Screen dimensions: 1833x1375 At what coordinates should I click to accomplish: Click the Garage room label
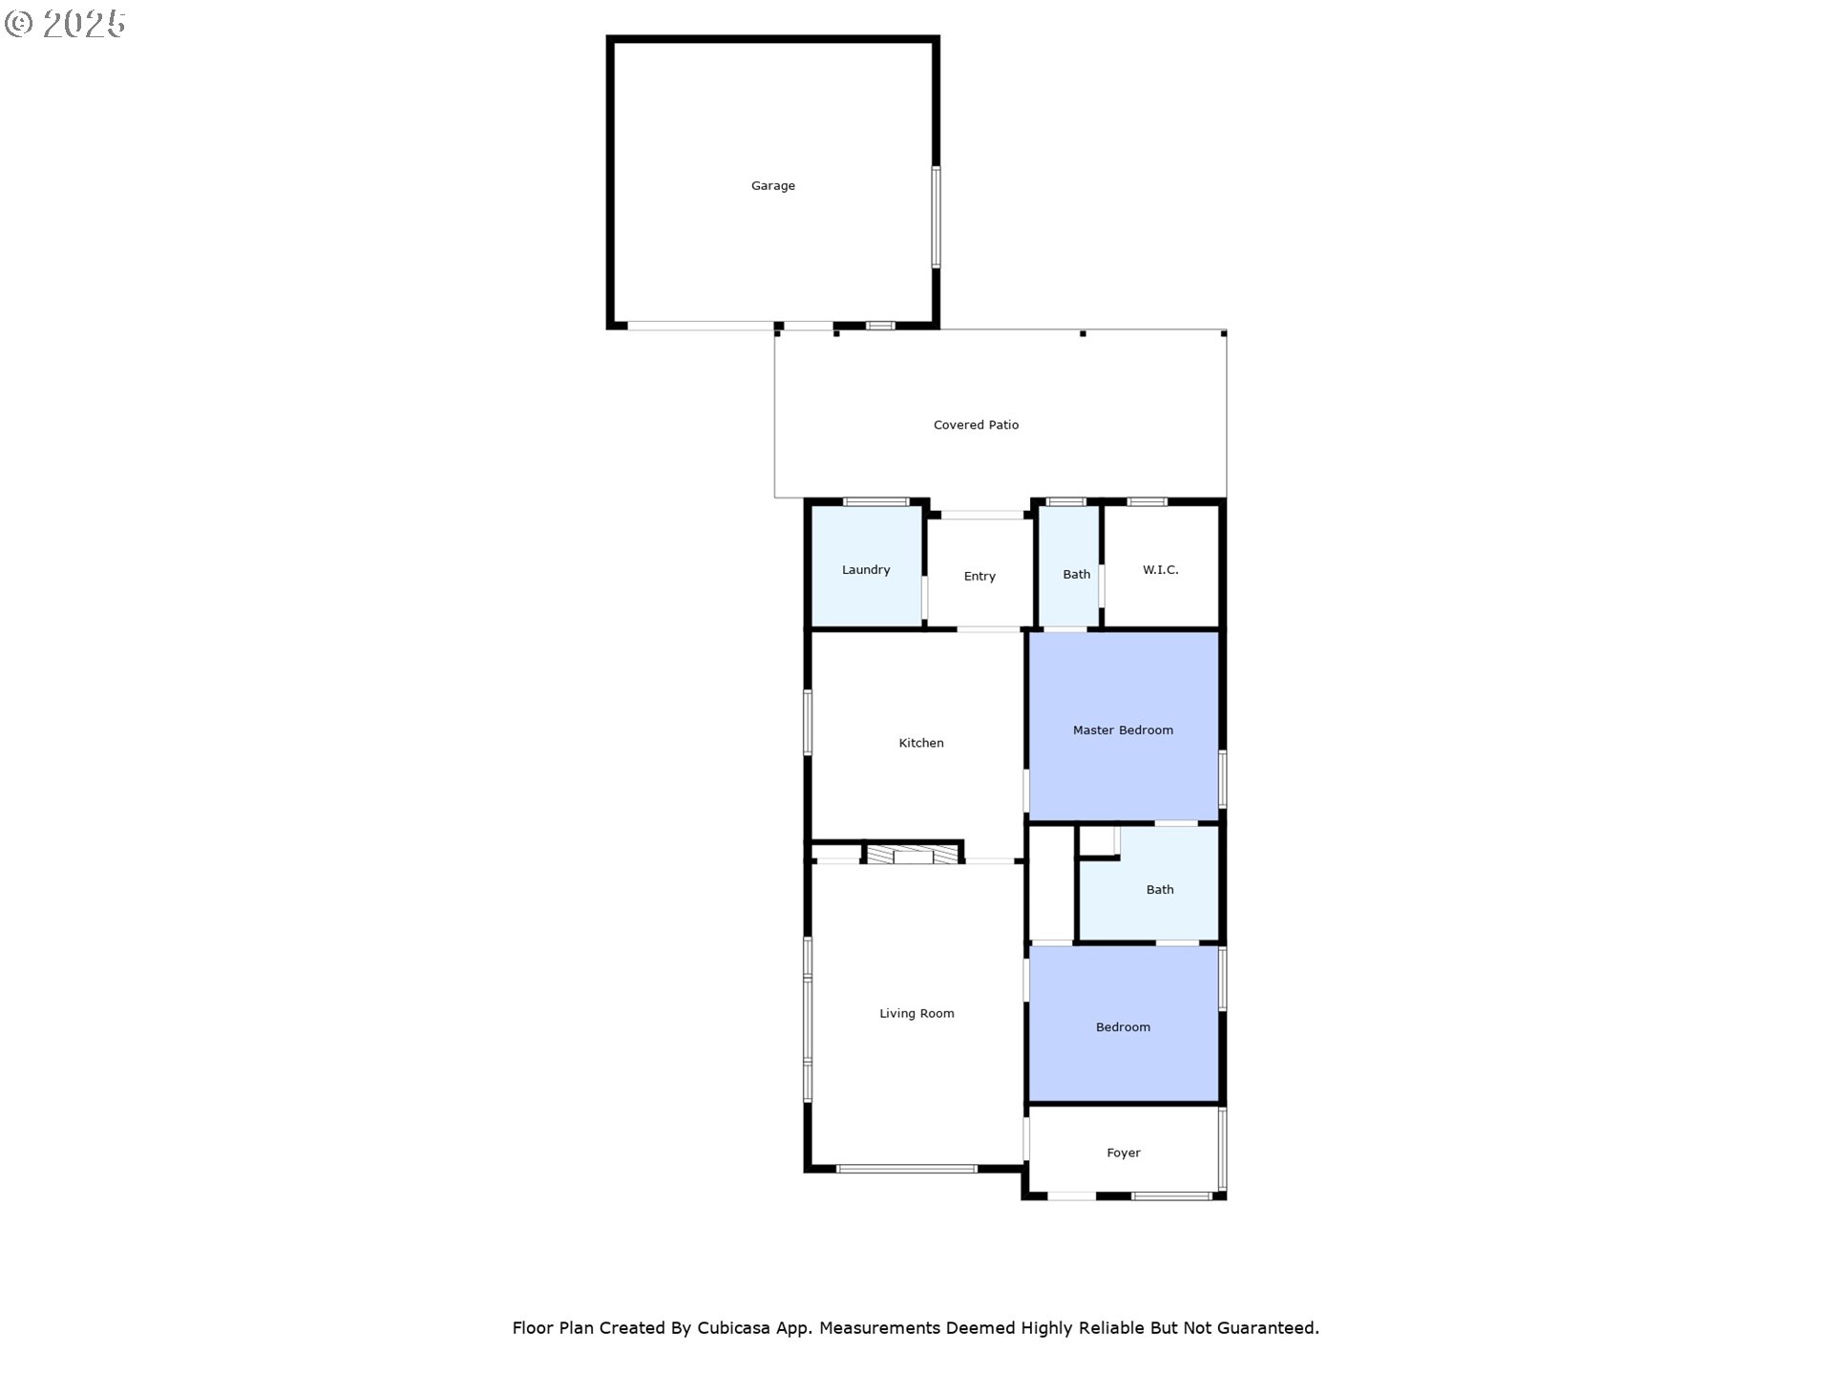[772, 186]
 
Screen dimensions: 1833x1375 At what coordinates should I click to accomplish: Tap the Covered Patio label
[976, 425]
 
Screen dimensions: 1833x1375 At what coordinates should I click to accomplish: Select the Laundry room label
[866, 570]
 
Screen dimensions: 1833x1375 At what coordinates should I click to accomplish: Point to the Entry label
[980, 577]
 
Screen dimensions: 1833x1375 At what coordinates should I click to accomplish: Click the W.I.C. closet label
[1160, 570]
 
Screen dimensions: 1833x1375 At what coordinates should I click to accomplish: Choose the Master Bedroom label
[1123, 730]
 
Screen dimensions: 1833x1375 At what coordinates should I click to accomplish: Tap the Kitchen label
[921, 743]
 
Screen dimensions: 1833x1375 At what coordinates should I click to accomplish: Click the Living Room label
[916, 1014]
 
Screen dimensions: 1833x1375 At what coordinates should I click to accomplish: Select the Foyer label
[1124, 1153]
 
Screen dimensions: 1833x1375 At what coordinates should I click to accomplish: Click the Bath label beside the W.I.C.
[1076, 575]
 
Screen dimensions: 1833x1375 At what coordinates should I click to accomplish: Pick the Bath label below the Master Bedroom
[1160, 890]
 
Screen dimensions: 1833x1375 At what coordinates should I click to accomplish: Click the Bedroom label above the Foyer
[1123, 1027]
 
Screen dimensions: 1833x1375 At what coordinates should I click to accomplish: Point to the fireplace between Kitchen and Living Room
[913, 854]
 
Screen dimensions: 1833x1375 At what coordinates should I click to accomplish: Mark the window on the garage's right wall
[937, 217]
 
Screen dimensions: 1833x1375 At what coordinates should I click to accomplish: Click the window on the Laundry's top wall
[875, 502]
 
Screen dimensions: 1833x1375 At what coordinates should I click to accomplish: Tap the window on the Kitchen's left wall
[808, 722]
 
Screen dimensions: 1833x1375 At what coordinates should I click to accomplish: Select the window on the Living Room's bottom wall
[907, 1169]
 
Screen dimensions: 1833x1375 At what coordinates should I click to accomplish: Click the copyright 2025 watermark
[65, 24]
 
